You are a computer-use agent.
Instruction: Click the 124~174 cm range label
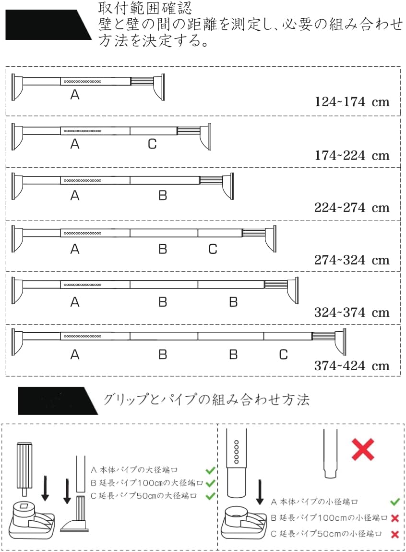coord(352,102)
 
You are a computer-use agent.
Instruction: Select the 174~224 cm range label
coord(352,155)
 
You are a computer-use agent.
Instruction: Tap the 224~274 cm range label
coord(352,208)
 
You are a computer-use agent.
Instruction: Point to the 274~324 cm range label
coord(352,260)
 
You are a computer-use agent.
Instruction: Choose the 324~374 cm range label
coord(352,313)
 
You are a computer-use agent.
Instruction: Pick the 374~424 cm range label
coord(352,366)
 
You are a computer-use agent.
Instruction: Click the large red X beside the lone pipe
coord(363,450)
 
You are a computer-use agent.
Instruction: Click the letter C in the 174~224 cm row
coord(152,144)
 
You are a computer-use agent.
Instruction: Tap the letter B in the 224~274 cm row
coord(163,196)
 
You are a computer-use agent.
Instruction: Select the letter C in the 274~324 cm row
coord(213,249)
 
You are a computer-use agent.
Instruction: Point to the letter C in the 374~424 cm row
coord(283,355)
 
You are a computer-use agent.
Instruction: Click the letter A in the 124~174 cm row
coord(74,95)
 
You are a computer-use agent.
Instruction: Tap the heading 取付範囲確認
coord(139,8)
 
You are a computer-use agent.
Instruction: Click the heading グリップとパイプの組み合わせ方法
coord(206,400)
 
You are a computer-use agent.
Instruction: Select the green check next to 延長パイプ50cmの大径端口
coord(210,496)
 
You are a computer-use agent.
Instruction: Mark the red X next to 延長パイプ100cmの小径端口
coord(395,518)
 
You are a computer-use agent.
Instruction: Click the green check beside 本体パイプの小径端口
coord(395,502)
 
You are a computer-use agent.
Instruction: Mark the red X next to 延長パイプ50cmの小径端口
coord(395,534)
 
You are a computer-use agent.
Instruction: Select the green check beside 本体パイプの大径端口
coord(210,470)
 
